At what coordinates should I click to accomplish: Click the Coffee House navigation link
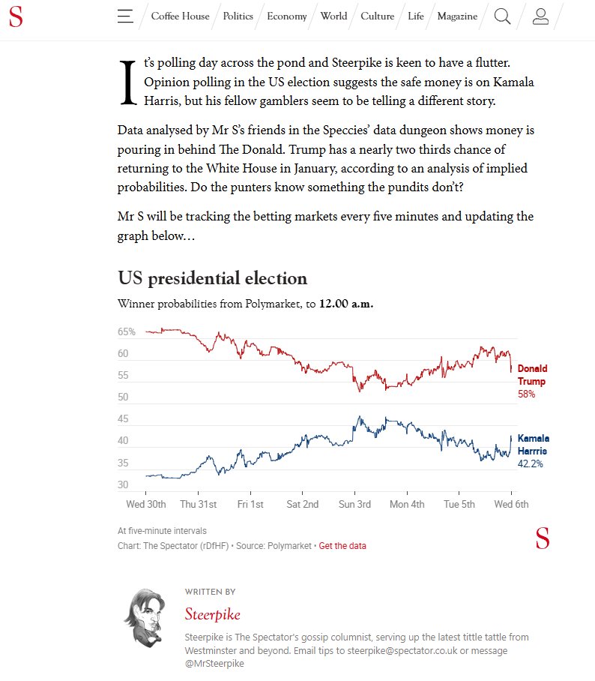[x=180, y=16]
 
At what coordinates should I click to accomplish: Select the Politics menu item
[x=238, y=16]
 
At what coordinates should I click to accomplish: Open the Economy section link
[x=287, y=16]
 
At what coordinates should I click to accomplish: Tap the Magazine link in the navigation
[x=457, y=16]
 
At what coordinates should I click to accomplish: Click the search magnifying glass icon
[x=502, y=16]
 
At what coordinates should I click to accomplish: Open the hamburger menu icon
[x=125, y=16]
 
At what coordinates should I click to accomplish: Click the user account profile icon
[x=540, y=16]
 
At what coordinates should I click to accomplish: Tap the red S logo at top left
[x=15, y=16]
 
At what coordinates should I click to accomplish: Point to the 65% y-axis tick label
[x=127, y=331]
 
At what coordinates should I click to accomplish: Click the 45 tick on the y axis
[x=123, y=418]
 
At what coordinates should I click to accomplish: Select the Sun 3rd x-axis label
[x=354, y=504]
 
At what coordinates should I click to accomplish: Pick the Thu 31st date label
[x=199, y=504]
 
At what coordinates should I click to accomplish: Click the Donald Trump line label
[x=532, y=375]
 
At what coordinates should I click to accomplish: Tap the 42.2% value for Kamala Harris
[x=530, y=464]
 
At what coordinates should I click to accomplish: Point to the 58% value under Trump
[x=526, y=394]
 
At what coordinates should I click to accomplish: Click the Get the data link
[x=342, y=545]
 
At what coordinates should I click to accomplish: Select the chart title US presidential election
[x=213, y=278]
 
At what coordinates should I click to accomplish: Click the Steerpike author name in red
[x=213, y=614]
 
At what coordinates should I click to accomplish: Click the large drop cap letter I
[x=127, y=82]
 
